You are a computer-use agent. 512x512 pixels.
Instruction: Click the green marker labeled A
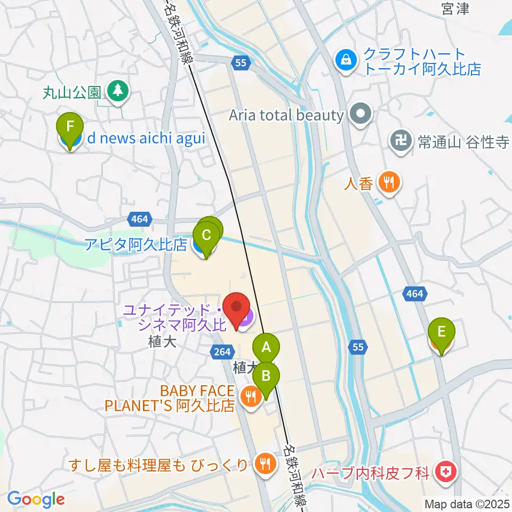point(266,347)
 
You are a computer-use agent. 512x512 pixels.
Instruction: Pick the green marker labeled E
point(441,332)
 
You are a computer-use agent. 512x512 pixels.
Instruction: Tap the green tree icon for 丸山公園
point(118,90)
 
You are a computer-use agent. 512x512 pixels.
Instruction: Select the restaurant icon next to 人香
point(389,183)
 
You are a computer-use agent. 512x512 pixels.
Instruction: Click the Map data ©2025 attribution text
point(467,503)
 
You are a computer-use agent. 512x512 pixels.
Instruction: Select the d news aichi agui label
point(146,139)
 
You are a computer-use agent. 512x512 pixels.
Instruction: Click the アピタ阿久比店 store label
point(136,244)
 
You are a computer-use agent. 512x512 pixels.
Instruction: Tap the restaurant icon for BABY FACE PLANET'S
point(250,395)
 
